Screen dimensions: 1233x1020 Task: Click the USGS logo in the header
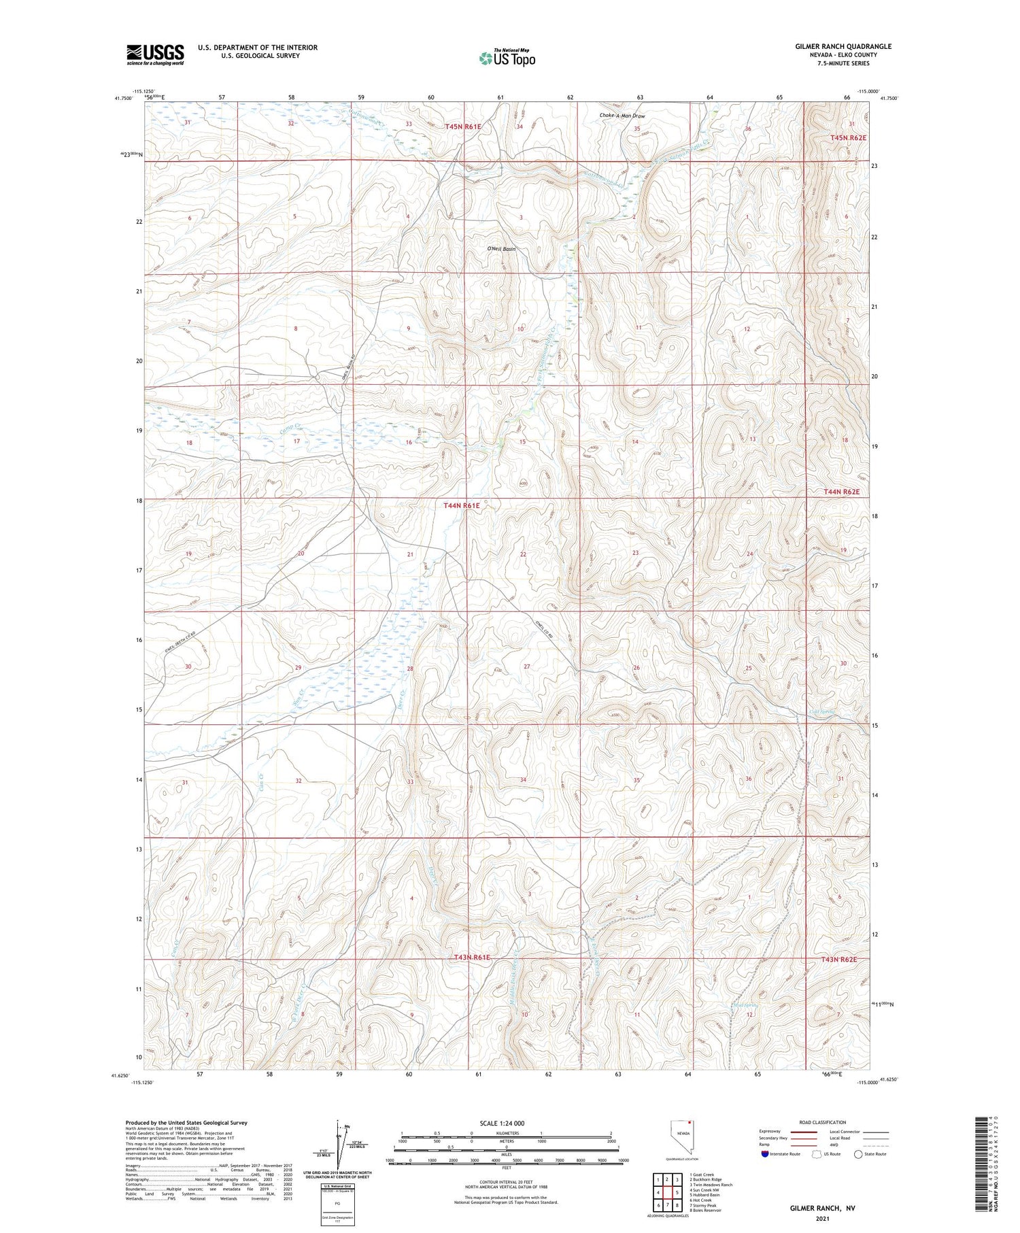(x=155, y=54)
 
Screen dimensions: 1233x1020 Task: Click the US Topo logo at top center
(x=507, y=58)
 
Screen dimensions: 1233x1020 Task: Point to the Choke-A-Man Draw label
(x=622, y=116)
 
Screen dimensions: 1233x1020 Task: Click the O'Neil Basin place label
(x=501, y=249)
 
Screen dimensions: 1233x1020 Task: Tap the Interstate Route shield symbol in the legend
(x=765, y=1154)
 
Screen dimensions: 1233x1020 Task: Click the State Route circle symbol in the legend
(x=858, y=1154)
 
